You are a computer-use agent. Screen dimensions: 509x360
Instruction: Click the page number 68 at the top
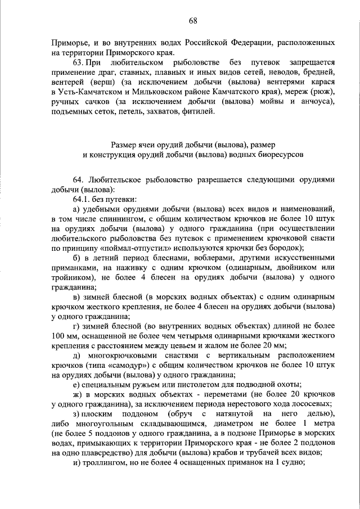click(192, 20)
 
